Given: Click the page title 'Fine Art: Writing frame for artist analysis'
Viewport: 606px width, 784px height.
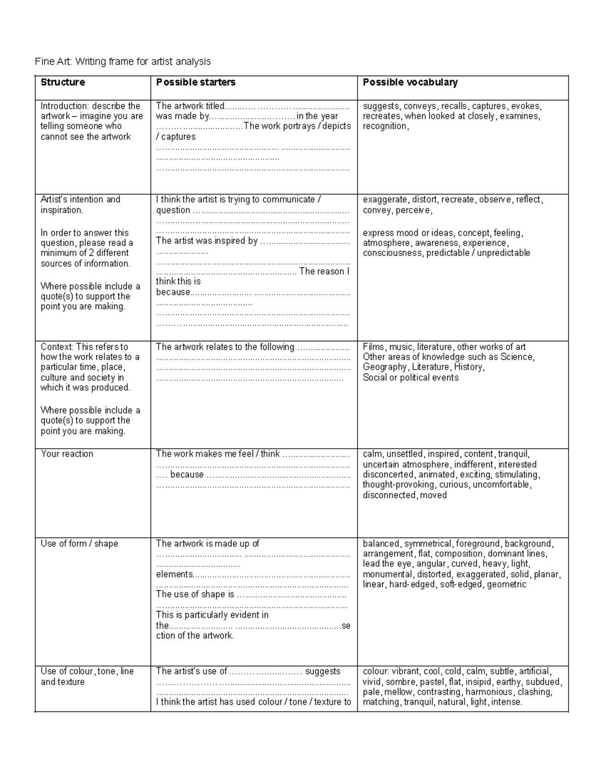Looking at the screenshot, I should (123, 62).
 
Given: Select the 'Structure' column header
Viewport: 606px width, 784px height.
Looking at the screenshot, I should (63, 82).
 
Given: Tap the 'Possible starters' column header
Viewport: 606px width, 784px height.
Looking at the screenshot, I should (196, 82).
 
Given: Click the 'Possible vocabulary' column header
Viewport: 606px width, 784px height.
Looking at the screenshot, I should (410, 82).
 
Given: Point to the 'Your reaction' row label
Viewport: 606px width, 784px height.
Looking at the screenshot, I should (67, 454).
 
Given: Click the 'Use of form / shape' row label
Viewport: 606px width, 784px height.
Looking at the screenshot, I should (79, 544).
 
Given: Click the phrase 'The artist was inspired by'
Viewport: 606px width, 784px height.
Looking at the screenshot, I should (207, 241).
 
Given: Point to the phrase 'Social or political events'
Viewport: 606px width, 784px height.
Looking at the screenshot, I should (411, 378).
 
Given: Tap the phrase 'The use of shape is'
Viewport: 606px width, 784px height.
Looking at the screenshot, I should (195, 594).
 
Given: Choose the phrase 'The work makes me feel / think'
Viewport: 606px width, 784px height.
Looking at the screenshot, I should (218, 454).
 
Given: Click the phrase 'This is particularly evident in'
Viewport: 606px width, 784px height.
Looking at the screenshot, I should (212, 615).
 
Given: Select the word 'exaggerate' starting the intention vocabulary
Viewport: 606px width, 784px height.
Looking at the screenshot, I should (384, 199).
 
